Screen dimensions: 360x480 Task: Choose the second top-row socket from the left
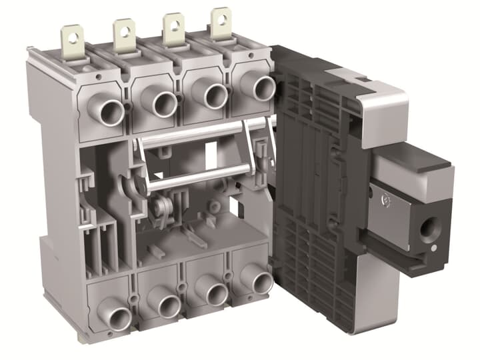[x=163, y=103]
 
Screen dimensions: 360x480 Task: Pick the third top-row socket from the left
[x=215, y=95]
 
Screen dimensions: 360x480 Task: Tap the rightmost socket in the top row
[x=262, y=87]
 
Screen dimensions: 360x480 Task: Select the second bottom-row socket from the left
[x=167, y=306]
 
